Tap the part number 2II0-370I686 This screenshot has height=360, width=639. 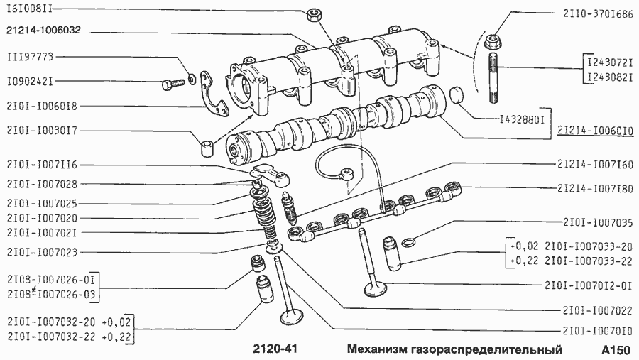(x=598, y=13)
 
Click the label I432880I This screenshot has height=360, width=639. (x=520, y=119)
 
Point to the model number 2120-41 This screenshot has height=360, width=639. (x=277, y=350)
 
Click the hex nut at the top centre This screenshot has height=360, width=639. (x=312, y=13)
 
